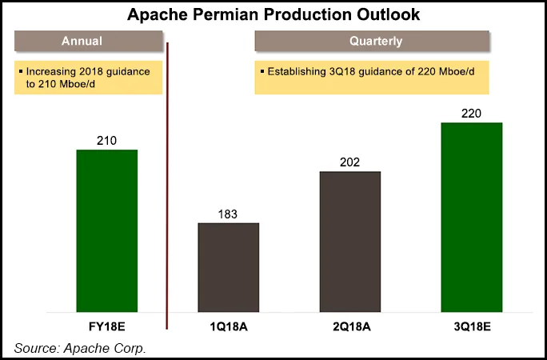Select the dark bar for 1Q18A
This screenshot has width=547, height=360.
pyautogui.click(x=228, y=267)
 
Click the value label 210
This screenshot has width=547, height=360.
pyautogui.click(x=106, y=141)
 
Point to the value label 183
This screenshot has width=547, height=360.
pyautogui.click(x=228, y=214)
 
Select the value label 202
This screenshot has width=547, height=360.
pyautogui.click(x=349, y=162)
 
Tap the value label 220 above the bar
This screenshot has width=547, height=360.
pyautogui.click(x=471, y=113)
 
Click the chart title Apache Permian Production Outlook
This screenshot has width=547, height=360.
pyautogui.click(x=274, y=15)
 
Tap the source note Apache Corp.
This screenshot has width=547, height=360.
pyautogui.click(x=80, y=348)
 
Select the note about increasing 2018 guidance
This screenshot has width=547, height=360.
pyautogui.click(x=89, y=78)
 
